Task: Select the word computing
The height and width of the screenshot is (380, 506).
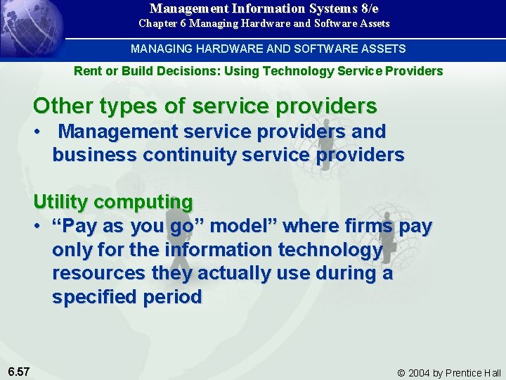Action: click(x=143, y=202)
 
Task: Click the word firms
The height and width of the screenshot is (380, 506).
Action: click(x=363, y=226)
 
